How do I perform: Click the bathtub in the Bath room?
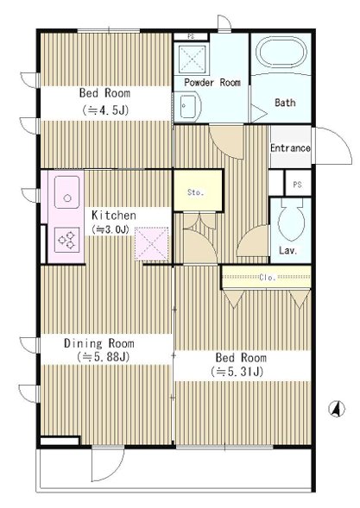(281, 53)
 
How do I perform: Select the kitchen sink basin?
(66, 192)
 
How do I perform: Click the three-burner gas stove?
(66, 240)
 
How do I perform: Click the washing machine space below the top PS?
(192, 59)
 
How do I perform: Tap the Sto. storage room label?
(196, 192)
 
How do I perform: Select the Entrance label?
(290, 148)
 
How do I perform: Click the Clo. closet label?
(268, 278)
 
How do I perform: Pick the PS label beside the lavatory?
(297, 185)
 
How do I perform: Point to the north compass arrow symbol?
(337, 409)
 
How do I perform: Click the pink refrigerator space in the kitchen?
(152, 244)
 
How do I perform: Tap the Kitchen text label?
(113, 215)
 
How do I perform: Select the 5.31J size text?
(237, 372)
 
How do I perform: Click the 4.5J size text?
(105, 110)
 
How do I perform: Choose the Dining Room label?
(99, 343)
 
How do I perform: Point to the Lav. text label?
(288, 250)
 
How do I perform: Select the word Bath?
(285, 103)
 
